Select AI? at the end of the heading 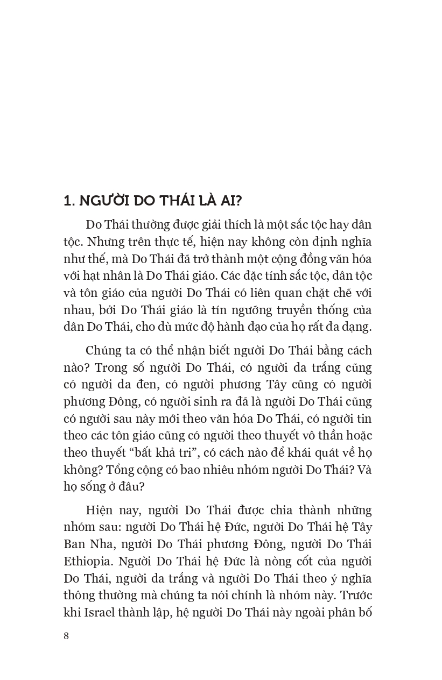point(232,201)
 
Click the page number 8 point(66,636)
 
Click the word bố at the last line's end point(364,612)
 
